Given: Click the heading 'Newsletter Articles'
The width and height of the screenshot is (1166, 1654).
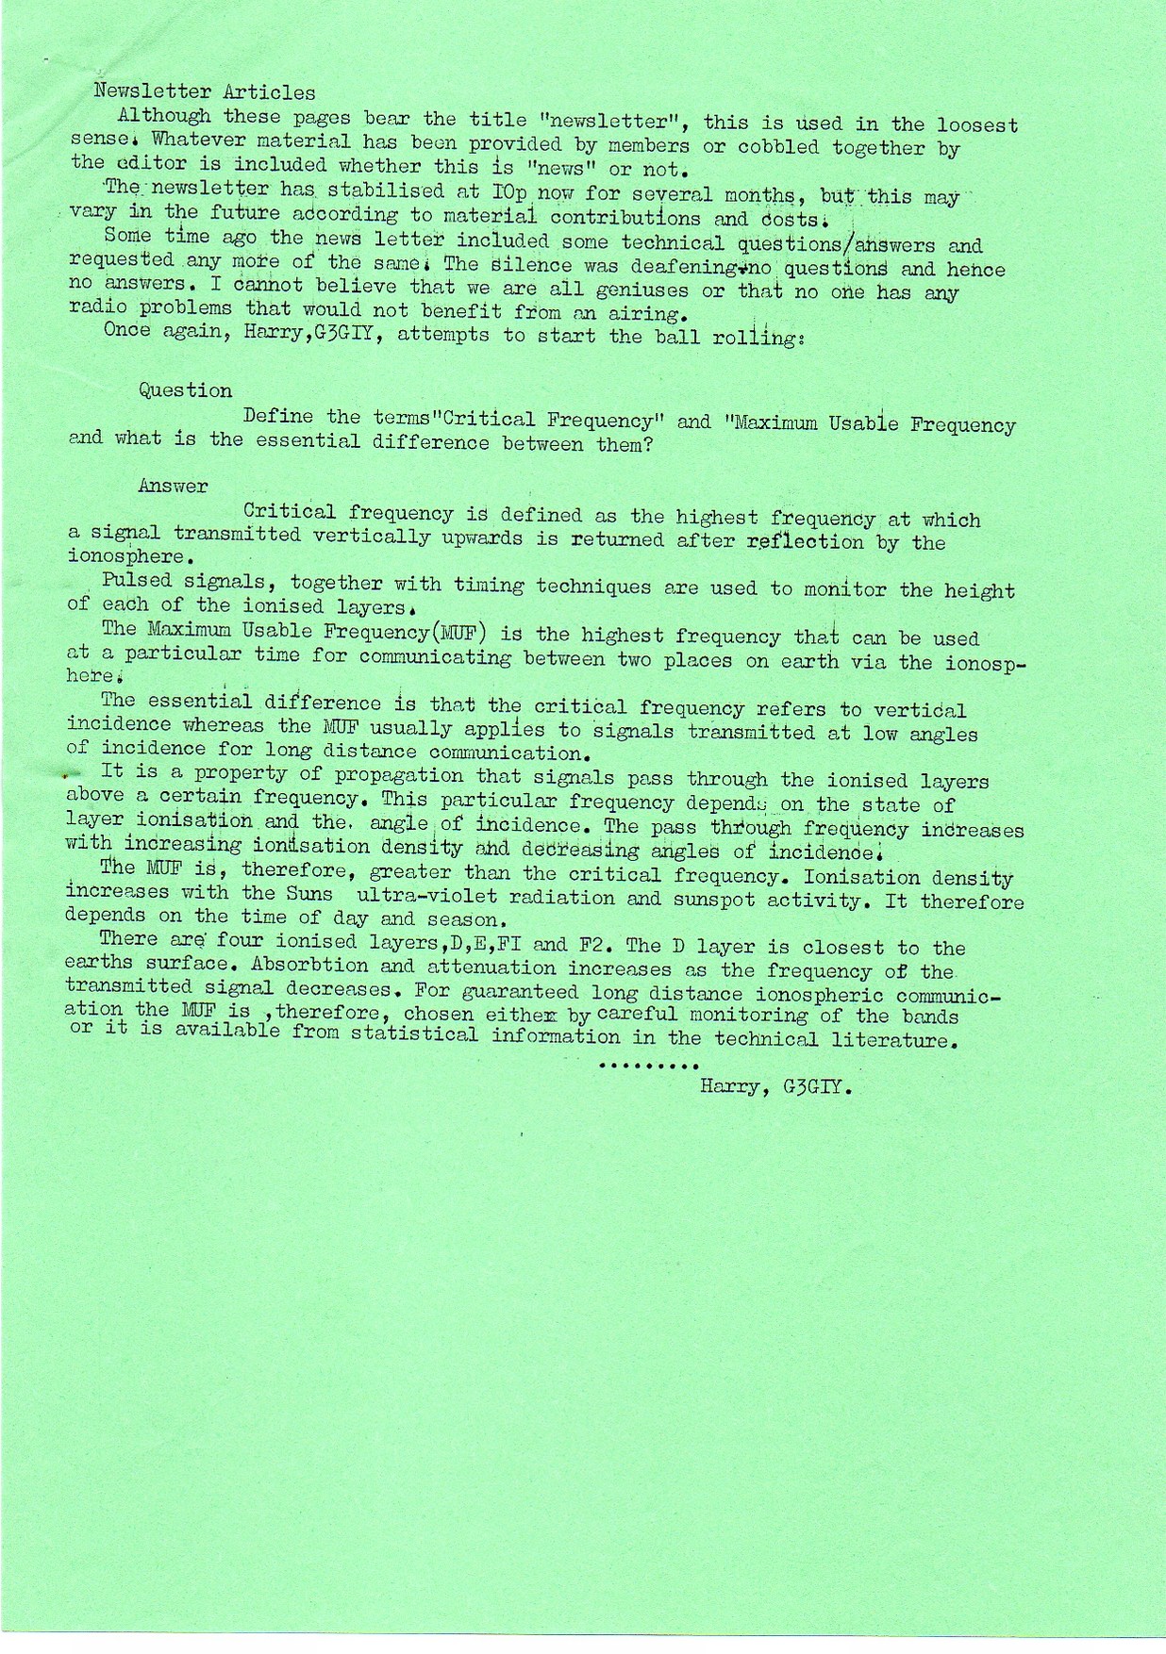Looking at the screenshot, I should pos(206,92).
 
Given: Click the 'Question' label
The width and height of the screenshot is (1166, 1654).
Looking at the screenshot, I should pos(185,390).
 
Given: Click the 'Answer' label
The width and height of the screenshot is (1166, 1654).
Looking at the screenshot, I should pos(173,487).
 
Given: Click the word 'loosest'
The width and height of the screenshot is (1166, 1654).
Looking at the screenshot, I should pos(977,124).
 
